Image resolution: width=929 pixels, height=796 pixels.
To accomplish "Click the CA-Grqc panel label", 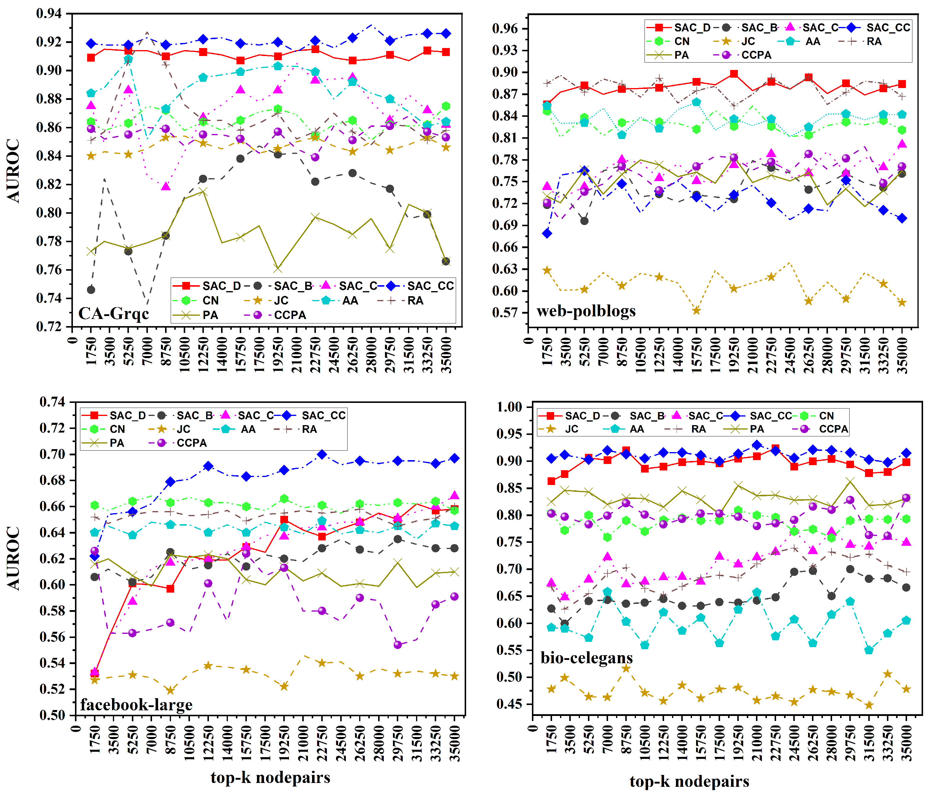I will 113,313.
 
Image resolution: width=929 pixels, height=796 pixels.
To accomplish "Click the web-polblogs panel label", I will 586,311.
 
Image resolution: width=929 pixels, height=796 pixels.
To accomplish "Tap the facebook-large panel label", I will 136,704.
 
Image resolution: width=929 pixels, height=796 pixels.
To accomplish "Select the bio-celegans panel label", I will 586,658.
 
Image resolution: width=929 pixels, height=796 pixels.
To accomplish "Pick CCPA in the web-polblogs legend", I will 756,55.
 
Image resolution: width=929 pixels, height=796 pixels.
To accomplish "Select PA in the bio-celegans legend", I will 757,429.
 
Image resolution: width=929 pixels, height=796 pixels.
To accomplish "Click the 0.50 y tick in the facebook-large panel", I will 52,715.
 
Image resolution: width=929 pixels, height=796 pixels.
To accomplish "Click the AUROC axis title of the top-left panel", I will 13,170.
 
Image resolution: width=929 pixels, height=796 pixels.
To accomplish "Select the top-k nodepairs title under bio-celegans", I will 689,781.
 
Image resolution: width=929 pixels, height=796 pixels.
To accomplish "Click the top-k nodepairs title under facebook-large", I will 270,777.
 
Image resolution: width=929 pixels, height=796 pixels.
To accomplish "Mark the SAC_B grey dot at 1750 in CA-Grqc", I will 91,290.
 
